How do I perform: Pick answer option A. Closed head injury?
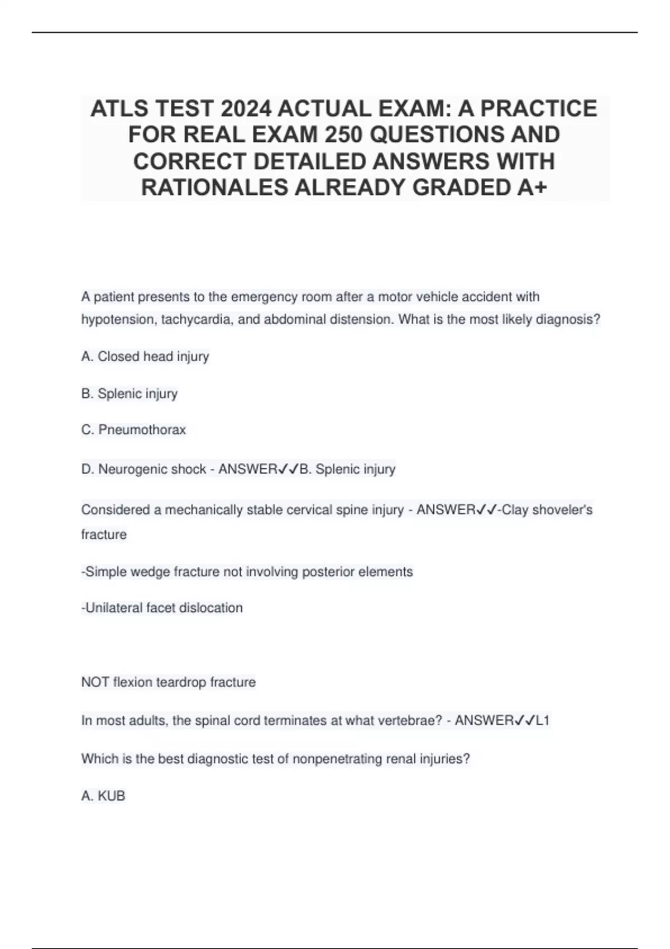click(145, 357)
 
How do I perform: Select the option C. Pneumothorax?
click(133, 430)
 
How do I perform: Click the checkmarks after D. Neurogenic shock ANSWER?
click(288, 469)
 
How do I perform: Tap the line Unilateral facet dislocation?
click(162, 608)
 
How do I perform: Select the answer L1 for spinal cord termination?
click(543, 721)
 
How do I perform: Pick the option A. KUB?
click(103, 796)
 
